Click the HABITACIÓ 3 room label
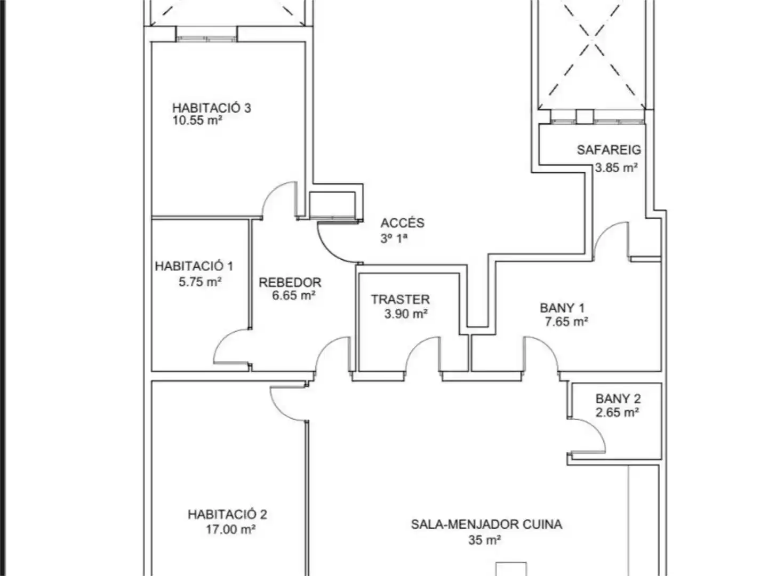pyautogui.click(x=211, y=108)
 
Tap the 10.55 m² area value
pyautogui.click(x=197, y=121)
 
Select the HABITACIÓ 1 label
pyautogui.click(x=194, y=266)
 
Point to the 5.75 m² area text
pyautogui.click(x=200, y=282)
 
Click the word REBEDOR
pyautogui.click(x=290, y=283)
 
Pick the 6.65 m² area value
pyautogui.click(x=294, y=295)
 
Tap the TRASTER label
pyautogui.click(x=401, y=299)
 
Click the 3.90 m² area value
pyautogui.click(x=406, y=314)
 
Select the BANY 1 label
pyautogui.click(x=562, y=308)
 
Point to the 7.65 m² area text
pyautogui.click(x=566, y=322)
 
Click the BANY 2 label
pyautogui.click(x=618, y=399)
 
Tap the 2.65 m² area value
pyautogui.click(x=618, y=413)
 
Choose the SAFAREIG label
pyautogui.click(x=609, y=150)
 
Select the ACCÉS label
pyautogui.click(x=402, y=223)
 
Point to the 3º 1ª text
pyautogui.click(x=394, y=238)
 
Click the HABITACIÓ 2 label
pyautogui.click(x=227, y=515)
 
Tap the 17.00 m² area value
pyautogui.click(x=230, y=530)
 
